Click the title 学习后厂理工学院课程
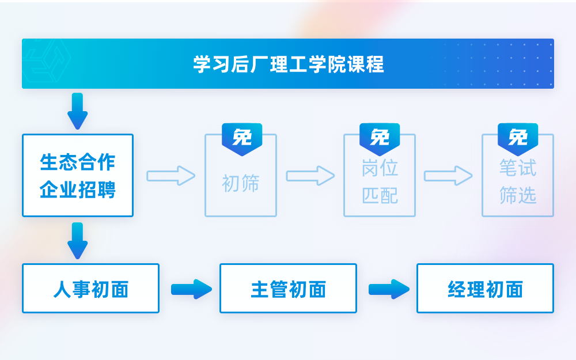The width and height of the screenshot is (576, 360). (288, 64)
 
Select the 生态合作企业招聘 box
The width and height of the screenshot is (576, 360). (78, 176)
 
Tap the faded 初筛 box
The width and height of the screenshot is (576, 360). (241, 183)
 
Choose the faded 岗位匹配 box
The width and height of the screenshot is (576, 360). (380, 182)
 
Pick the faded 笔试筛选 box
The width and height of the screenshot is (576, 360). (518, 182)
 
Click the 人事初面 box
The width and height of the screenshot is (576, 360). (90, 289)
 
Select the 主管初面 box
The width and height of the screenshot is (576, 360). (288, 289)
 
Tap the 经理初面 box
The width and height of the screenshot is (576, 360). (485, 289)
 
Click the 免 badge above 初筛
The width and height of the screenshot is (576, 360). (242, 138)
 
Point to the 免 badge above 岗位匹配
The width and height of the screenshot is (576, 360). (380, 138)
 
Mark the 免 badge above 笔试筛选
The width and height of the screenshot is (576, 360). (518, 138)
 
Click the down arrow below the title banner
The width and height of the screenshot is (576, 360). (78, 111)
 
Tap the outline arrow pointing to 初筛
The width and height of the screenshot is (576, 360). (170, 176)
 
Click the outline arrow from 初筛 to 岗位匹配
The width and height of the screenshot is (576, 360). (310, 176)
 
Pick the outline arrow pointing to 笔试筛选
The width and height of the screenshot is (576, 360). (448, 176)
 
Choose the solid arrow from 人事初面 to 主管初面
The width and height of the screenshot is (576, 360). (191, 289)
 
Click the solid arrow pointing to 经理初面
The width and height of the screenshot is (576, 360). (389, 289)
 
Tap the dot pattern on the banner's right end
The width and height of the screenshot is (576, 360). (498, 64)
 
